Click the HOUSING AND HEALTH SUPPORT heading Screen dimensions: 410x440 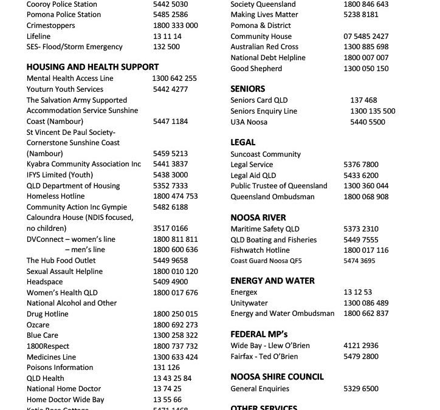92,67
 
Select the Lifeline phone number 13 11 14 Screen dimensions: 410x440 167,36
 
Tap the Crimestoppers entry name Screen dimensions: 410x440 51,26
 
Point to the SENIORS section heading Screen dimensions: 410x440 248,89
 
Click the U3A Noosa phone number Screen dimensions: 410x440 367,122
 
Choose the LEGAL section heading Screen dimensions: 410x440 243,143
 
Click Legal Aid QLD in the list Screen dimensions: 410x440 253,176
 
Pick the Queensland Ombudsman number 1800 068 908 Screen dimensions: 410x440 366,197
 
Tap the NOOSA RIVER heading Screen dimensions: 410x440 258,217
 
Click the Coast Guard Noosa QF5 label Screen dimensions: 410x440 266,261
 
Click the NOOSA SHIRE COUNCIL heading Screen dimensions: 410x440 277,377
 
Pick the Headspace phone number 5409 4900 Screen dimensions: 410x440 170,282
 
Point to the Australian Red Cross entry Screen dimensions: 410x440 264,47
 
